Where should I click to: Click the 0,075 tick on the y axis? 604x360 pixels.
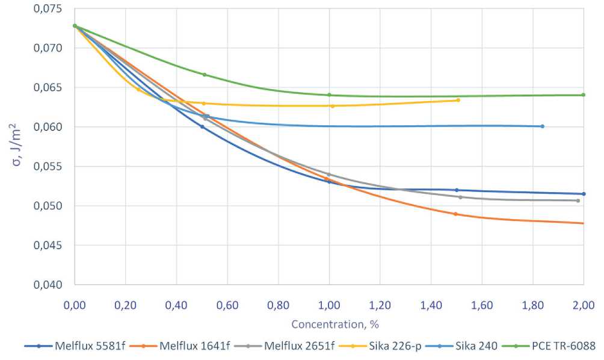(x=51, y=8)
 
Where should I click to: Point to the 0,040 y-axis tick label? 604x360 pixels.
(x=51, y=285)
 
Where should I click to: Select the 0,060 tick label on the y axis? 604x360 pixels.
(x=51, y=127)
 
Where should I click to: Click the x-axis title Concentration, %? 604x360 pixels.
(x=335, y=324)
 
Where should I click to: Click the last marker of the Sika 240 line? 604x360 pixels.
(x=542, y=126)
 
